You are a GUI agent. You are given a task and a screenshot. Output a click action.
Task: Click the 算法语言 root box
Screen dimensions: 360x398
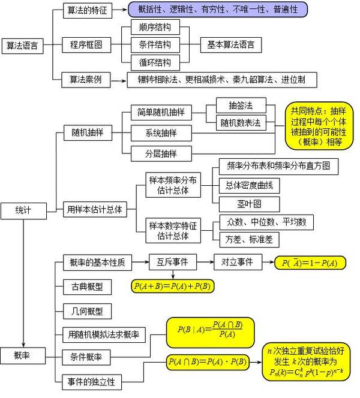pyautogui.click(x=23, y=46)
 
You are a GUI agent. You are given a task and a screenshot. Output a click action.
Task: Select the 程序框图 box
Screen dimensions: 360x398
pyautogui.click(x=86, y=45)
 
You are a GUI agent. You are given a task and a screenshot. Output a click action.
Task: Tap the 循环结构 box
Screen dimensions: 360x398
pyautogui.click(x=155, y=62)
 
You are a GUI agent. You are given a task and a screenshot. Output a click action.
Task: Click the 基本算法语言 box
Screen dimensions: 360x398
pyautogui.click(x=231, y=45)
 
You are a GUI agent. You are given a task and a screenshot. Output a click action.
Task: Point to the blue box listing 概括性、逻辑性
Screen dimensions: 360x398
pyautogui.click(x=218, y=10)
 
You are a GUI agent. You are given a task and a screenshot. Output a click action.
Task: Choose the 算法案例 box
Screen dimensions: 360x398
pyautogui.click(x=86, y=80)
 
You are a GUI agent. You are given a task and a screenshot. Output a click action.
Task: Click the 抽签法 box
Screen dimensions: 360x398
pyautogui.click(x=241, y=105)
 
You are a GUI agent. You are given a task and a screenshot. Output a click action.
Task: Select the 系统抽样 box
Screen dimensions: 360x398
pyautogui.click(x=161, y=133)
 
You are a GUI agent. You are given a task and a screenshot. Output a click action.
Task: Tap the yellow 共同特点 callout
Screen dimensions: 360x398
pyautogui.click(x=319, y=126)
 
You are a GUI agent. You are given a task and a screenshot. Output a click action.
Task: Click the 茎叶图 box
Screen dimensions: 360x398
pyautogui.click(x=249, y=204)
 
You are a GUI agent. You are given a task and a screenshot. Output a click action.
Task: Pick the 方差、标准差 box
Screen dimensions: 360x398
pyautogui.click(x=249, y=240)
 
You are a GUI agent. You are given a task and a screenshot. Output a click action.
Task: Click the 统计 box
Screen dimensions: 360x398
pyautogui.click(x=23, y=211)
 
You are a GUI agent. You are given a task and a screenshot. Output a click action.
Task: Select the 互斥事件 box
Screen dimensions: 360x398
pyautogui.click(x=173, y=262)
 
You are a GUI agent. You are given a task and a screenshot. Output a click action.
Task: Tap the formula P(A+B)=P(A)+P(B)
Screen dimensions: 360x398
pyautogui.click(x=173, y=286)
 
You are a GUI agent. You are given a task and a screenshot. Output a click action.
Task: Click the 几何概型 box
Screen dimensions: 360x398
pyautogui.click(x=87, y=311)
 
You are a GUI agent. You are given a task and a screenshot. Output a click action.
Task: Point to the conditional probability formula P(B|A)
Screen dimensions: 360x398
pyautogui.click(x=211, y=333)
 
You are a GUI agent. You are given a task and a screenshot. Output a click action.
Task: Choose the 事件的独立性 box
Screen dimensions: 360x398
pyautogui.click(x=92, y=382)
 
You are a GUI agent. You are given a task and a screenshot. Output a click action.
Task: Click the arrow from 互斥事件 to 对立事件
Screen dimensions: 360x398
pyautogui.click(x=205, y=262)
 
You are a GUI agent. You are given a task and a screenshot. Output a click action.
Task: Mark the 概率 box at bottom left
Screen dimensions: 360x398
pyautogui.click(x=23, y=355)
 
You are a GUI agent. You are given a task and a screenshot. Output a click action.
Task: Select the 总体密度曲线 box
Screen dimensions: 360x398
pyautogui.click(x=249, y=186)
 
